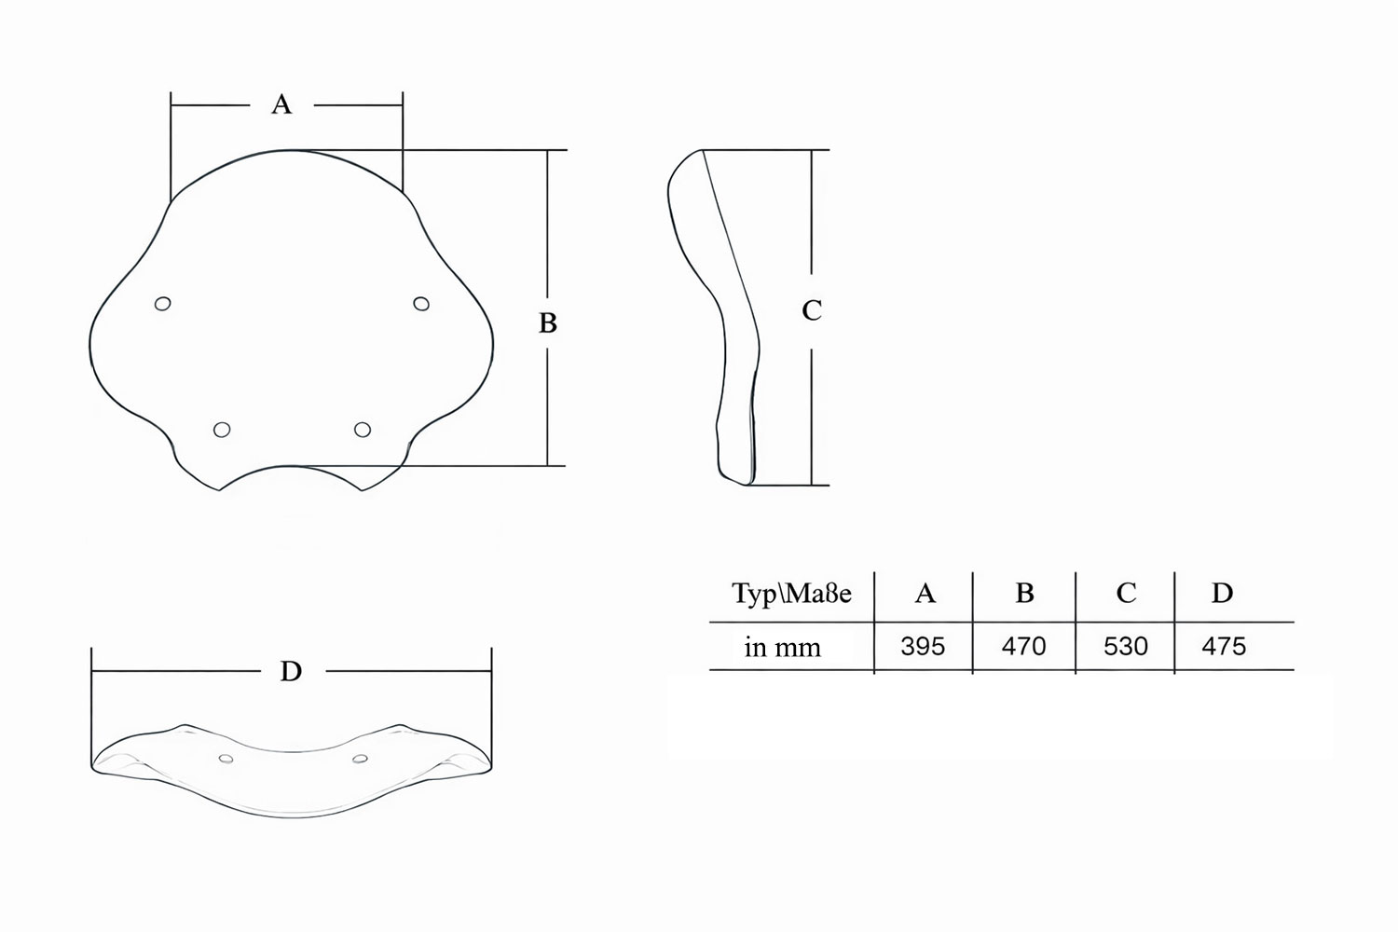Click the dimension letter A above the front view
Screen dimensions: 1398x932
pos(281,104)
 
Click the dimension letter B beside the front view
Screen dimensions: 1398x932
pos(547,322)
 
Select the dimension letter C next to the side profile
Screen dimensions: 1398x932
pos(812,310)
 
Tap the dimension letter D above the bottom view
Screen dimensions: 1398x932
pos(291,671)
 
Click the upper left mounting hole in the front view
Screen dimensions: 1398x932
pos(163,304)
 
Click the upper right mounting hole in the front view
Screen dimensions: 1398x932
pos(421,304)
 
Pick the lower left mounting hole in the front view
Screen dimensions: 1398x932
pos(222,430)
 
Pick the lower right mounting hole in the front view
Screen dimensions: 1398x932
pos(363,430)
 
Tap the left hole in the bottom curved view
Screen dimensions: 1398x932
pos(226,759)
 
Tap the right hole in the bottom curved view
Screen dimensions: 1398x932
pos(360,759)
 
